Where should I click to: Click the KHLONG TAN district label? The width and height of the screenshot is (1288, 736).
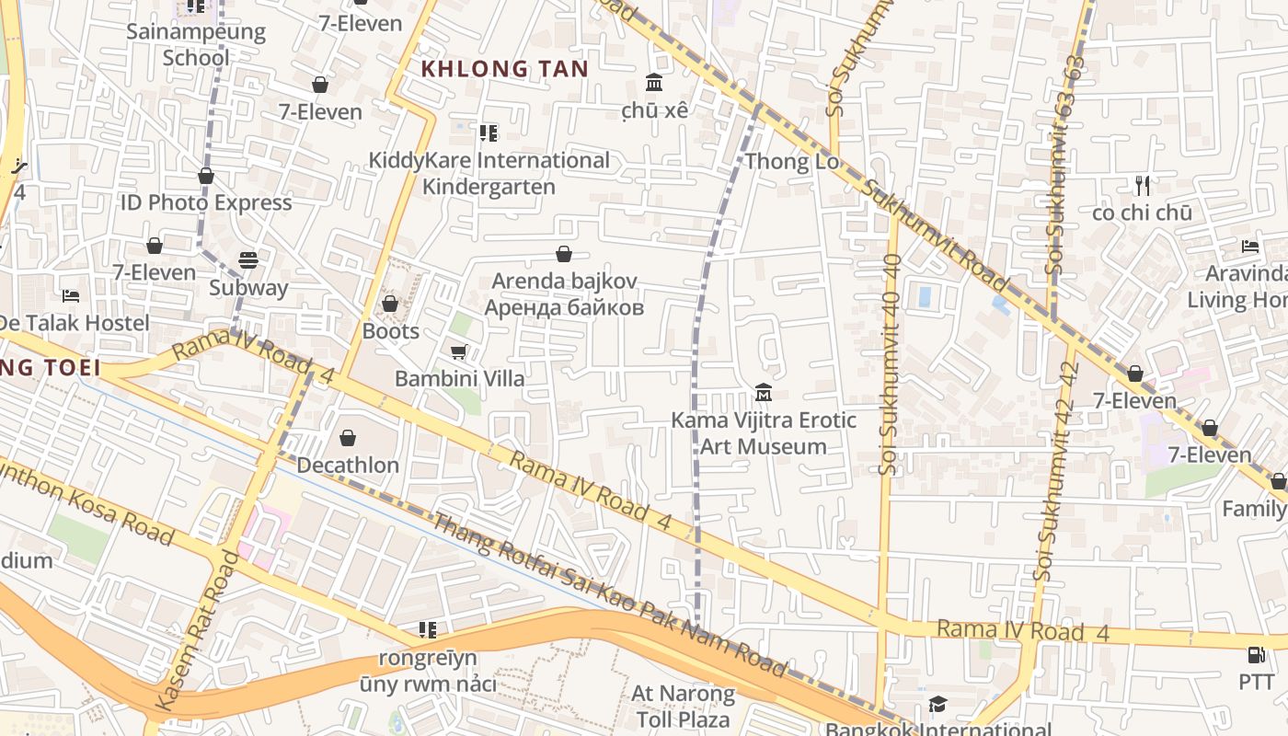click(504, 68)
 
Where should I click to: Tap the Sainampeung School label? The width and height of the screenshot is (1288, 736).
click(196, 44)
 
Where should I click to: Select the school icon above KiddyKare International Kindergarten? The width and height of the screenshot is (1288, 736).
click(489, 133)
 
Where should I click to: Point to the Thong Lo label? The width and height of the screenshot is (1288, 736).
click(792, 162)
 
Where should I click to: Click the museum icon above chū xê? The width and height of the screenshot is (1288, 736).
click(654, 84)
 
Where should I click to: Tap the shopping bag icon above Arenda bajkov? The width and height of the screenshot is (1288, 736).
click(564, 254)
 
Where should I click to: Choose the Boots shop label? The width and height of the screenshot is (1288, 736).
click(391, 331)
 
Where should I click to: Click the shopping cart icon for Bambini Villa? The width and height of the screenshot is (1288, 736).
click(459, 351)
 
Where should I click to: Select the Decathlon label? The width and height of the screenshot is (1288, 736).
click(348, 465)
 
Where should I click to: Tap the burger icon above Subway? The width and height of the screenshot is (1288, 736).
click(248, 260)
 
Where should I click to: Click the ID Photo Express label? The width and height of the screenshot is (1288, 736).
click(206, 202)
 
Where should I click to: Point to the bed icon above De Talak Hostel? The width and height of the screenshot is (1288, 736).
click(71, 296)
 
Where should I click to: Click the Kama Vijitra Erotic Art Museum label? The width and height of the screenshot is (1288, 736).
click(764, 433)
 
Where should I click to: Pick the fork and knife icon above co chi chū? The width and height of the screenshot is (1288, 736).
click(1143, 186)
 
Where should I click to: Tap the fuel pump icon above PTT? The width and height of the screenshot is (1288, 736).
click(1256, 655)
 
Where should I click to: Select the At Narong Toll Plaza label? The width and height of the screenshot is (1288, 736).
click(684, 706)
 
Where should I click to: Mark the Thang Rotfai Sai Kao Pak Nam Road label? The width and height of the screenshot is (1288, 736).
click(610, 595)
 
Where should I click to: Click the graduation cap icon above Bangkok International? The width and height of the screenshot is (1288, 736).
click(937, 705)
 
